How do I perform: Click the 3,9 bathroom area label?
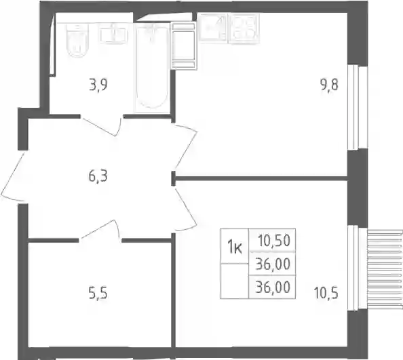pos(98,85)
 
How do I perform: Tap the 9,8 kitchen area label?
pos(329,85)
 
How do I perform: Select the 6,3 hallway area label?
pos(98,176)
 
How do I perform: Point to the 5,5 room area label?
pos(98,294)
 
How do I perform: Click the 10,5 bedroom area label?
pos(326,294)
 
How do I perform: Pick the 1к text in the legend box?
pos(234,248)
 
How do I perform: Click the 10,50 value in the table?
pos(274,241)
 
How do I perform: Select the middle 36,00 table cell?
pos(273,264)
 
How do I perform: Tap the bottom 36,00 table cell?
pos(273,287)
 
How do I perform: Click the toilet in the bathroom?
pos(77,40)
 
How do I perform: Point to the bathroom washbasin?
pos(113,35)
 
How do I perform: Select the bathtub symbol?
pos(152,67)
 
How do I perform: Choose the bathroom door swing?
pos(101,126)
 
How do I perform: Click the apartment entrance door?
pos(13,177)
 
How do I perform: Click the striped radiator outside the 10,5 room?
pos(385,269)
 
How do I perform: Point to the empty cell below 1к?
pos(234,281)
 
